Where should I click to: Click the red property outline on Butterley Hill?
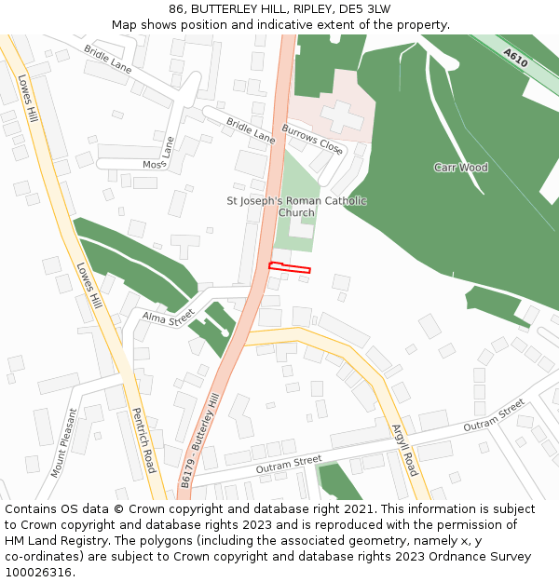[x=289, y=268]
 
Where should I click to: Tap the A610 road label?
[x=515, y=57]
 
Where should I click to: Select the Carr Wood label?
[x=460, y=168]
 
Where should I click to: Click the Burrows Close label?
[x=312, y=138]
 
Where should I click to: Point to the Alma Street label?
[x=165, y=318]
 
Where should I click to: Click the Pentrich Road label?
[x=143, y=440]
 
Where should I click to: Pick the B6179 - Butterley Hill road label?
[x=199, y=441]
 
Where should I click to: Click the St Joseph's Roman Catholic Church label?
[x=297, y=207]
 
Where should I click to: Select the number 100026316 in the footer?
[x=38, y=572]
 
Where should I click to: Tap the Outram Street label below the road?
[x=288, y=464]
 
